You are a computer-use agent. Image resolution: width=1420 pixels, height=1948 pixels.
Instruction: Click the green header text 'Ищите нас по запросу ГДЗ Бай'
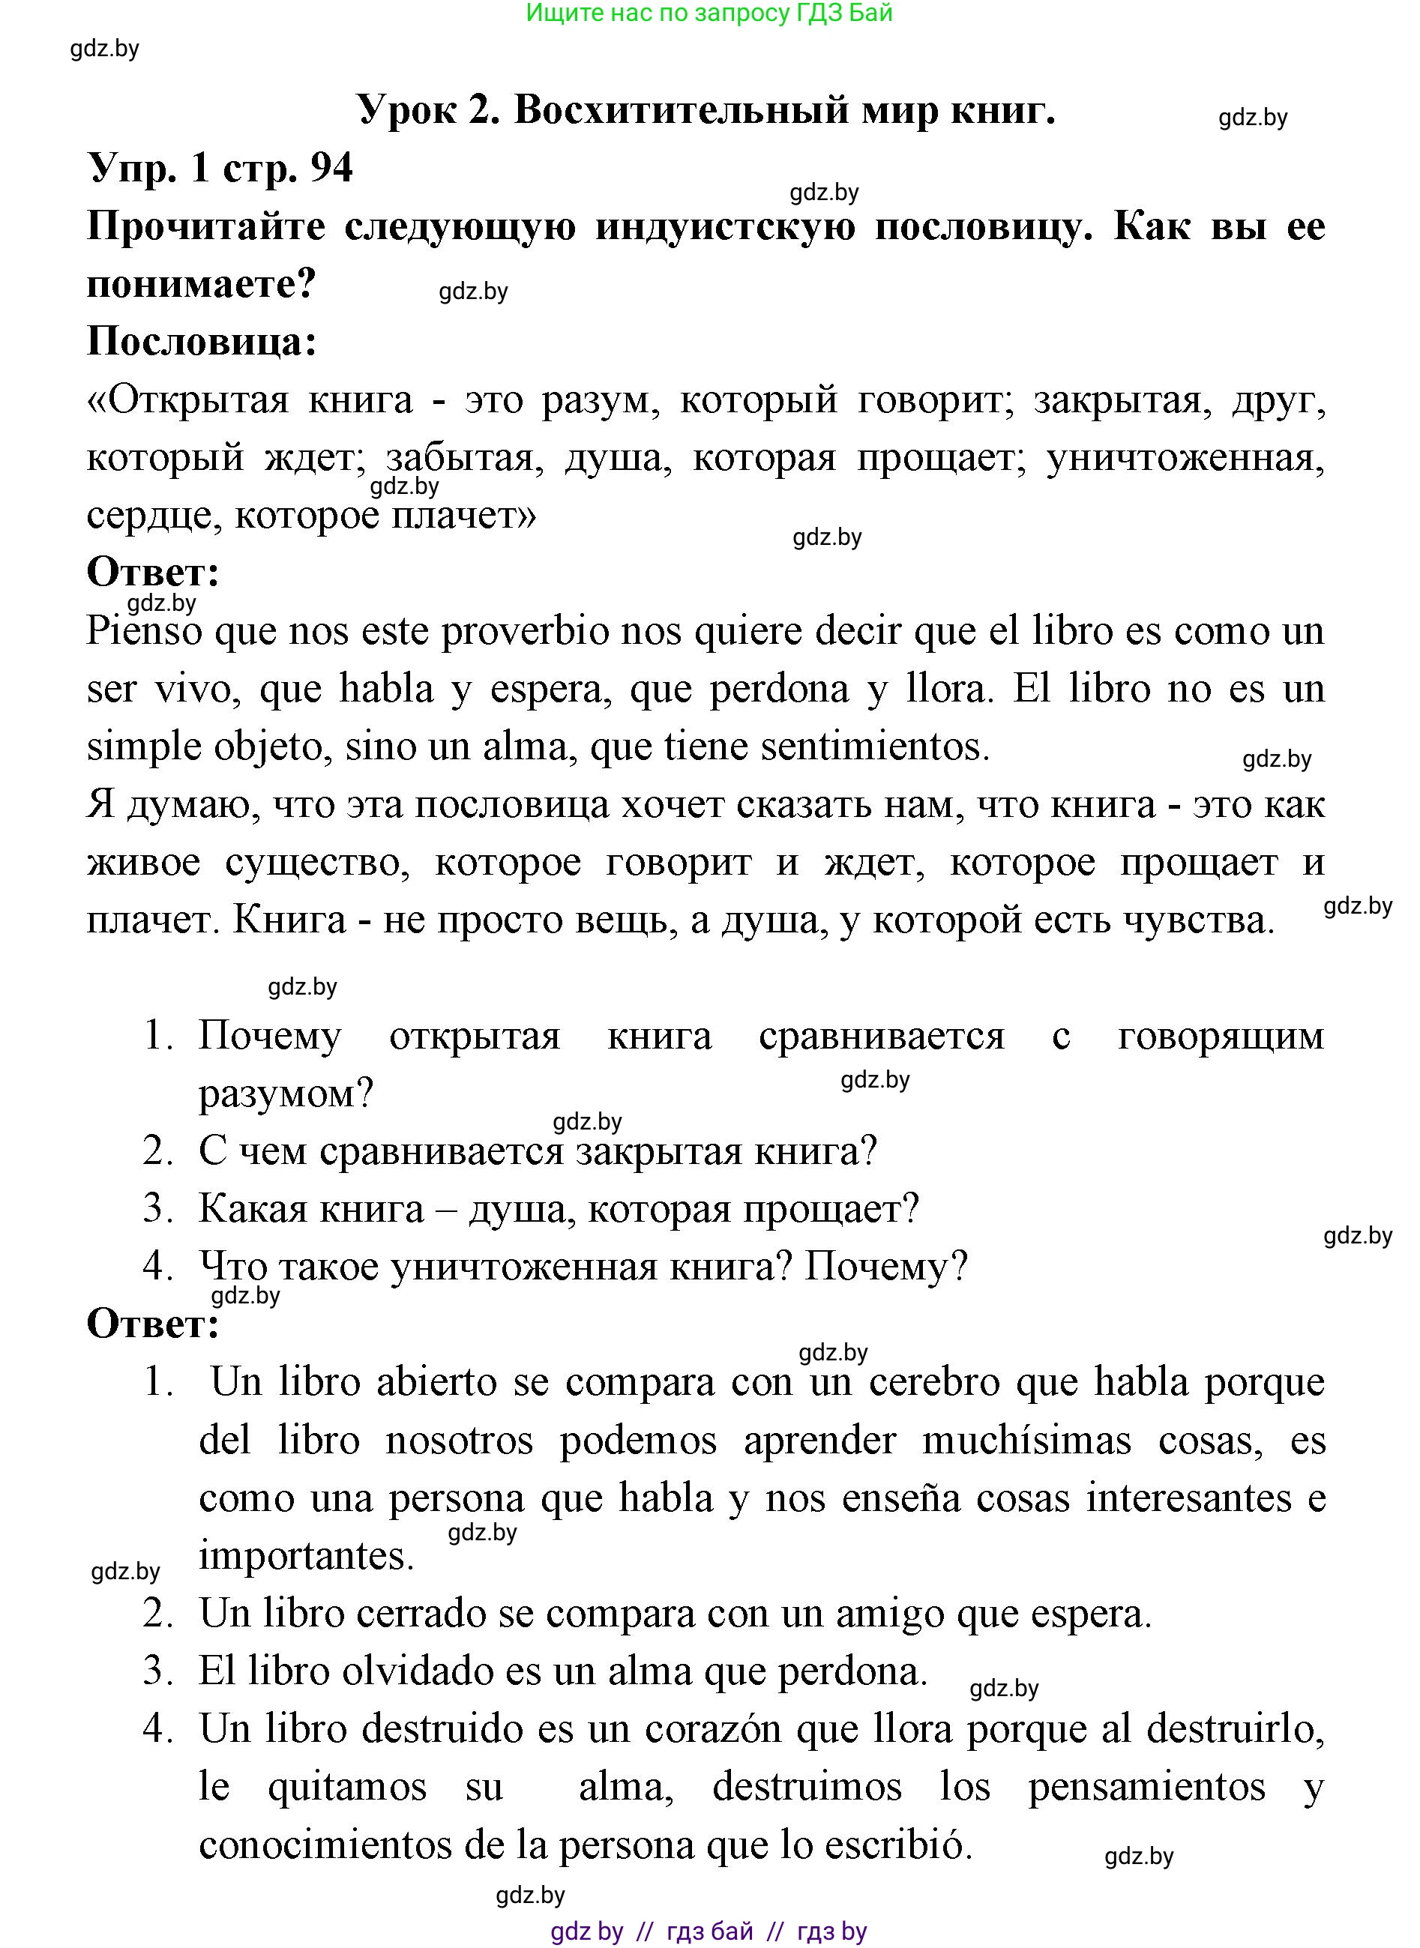pos(709,13)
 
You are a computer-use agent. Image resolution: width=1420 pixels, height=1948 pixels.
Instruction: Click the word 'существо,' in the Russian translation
pos(317,862)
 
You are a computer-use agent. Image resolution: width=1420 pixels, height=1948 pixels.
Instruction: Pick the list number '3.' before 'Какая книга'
pos(158,1208)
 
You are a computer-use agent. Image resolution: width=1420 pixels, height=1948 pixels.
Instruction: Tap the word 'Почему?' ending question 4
pos(885,1266)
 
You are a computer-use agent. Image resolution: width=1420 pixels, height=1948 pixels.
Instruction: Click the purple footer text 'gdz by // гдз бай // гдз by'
pos(709,1931)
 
